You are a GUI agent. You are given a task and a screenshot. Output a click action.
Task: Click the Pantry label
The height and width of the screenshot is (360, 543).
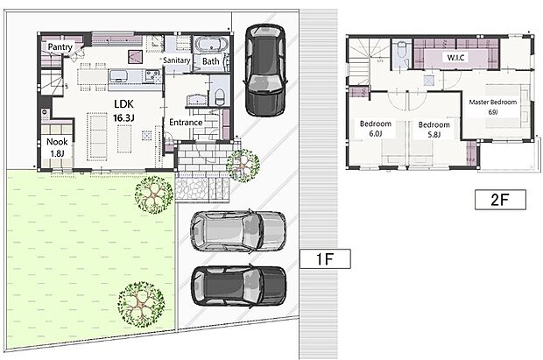[x=60, y=46]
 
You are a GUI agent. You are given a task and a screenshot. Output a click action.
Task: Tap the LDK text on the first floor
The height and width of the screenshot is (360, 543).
[x=123, y=102]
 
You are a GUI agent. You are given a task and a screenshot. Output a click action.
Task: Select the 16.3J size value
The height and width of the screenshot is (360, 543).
[x=123, y=115]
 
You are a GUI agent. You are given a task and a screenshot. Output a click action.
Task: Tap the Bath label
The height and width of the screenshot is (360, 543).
[x=211, y=61]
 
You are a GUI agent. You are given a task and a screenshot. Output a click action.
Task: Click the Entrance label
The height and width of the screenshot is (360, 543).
[x=187, y=122]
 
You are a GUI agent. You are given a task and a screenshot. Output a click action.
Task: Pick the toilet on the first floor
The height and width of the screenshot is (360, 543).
[x=219, y=95]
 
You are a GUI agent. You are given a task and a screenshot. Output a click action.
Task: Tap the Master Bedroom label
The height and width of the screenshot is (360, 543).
[x=492, y=102]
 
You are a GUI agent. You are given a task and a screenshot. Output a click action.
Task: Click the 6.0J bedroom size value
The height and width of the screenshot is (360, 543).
[x=376, y=135]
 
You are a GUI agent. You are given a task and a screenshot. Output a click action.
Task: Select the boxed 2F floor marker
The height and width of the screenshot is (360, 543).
[x=501, y=199]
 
